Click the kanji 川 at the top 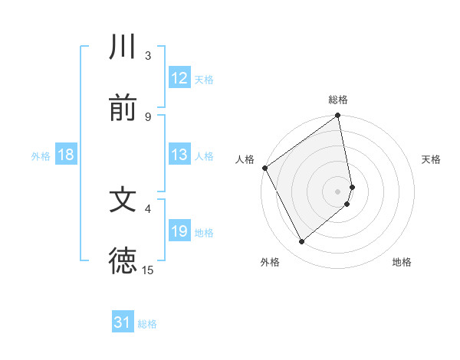(x=123, y=47)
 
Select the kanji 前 (x=123, y=108)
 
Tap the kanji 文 (x=123, y=200)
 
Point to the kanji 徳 (x=123, y=260)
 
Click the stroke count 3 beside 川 (x=148, y=56)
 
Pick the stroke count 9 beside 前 (x=148, y=116)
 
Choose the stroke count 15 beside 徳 (x=148, y=270)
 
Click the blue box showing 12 (x=179, y=78)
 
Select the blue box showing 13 (x=179, y=155)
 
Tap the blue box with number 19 (x=179, y=231)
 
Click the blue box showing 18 (x=66, y=155)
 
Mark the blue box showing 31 (x=123, y=323)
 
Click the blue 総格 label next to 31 (x=147, y=324)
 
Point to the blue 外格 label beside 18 (x=41, y=155)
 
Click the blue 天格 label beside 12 (x=204, y=79)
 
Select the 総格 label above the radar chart (x=338, y=100)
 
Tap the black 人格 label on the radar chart (x=245, y=159)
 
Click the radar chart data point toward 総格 (x=338, y=116)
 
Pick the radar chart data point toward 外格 (x=301, y=241)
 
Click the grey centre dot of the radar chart (x=338, y=191)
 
